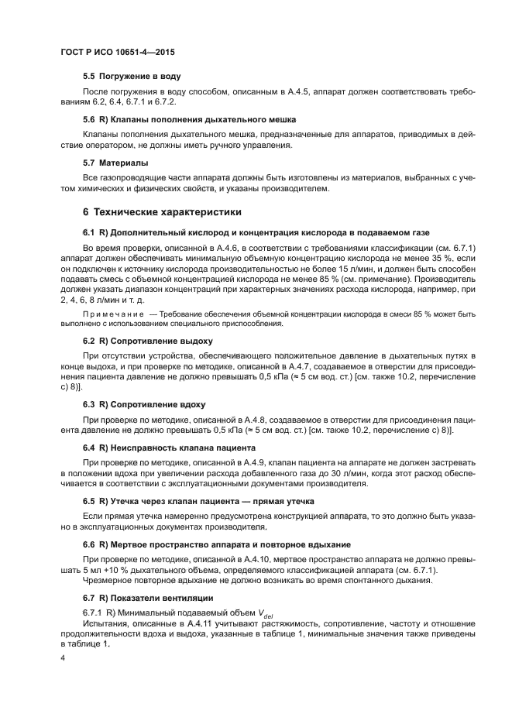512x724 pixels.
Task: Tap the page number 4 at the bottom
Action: [64, 657]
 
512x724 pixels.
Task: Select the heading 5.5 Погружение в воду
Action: [132, 77]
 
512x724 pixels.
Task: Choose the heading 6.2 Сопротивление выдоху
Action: [147, 341]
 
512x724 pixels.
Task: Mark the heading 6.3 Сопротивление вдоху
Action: [144, 404]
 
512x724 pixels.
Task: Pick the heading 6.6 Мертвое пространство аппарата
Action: [216, 544]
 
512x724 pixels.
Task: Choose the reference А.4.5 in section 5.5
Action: [277, 91]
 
